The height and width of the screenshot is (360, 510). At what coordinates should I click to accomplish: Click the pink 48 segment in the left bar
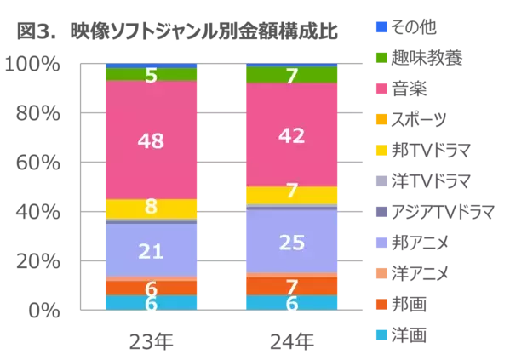(x=150, y=140)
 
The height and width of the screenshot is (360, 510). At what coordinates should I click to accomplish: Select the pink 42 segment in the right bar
(x=291, y=134)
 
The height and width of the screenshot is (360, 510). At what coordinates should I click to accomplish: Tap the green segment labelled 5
(x=150, y=75)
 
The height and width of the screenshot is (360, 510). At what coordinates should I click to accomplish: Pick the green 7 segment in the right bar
(x=291, y=76)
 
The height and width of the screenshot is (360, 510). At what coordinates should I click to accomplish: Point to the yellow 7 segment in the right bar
(x=291, y=194)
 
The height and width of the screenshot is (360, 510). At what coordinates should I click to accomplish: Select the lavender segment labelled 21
(x=150, y=250)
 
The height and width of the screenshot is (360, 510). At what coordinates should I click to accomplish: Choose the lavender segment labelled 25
(x=291, y=242)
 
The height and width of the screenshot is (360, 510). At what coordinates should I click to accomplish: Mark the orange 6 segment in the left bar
(x=150, y=288)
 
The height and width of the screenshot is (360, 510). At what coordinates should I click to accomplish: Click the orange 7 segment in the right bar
(x=291, y=286)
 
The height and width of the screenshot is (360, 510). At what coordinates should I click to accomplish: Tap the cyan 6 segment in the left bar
(x=150, y=303)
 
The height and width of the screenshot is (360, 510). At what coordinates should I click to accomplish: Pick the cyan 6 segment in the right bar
(x=291, y=303)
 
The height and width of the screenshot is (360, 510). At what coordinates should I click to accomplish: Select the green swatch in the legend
(x=381, y=58)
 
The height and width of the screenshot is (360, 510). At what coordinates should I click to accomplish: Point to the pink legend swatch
(x=381, y=89)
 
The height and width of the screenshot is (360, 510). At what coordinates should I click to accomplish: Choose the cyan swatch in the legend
(x=381, y=334)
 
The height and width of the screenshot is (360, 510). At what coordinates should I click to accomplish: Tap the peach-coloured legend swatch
(x=381, y=272)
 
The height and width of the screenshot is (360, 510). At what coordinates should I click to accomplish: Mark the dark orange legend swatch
(x=381, y=303)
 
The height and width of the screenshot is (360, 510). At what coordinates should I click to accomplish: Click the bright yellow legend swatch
(x=381, y=150)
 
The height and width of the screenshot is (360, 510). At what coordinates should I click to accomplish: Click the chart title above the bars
(x=177, y=31)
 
